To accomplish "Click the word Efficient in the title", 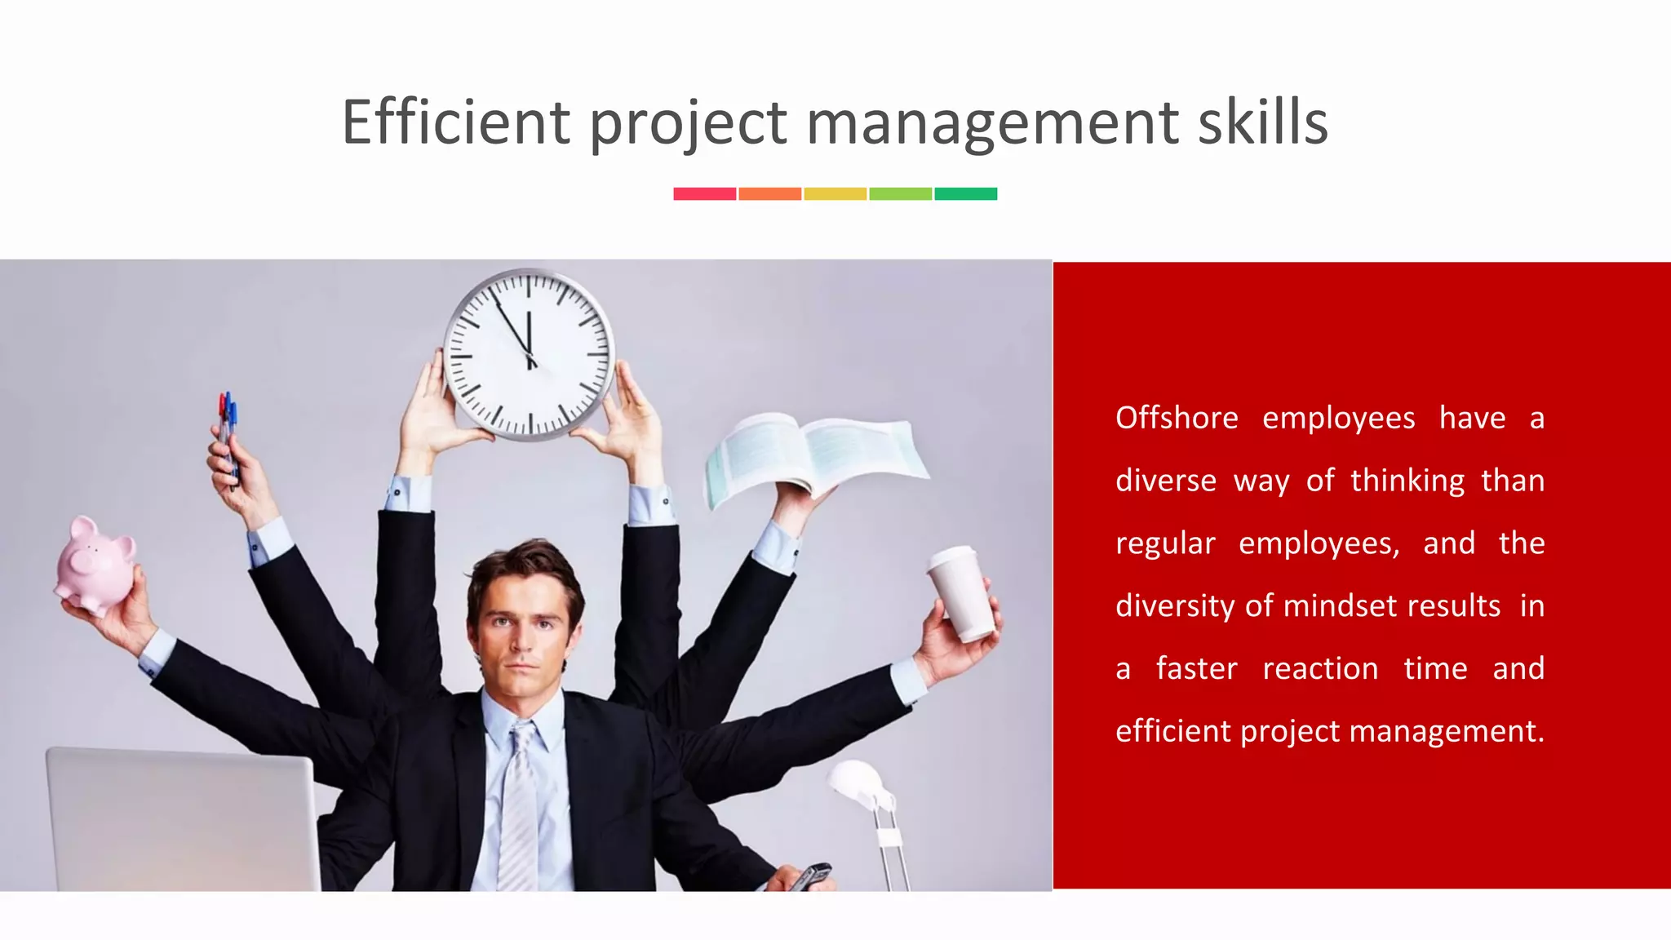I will pos(455,122).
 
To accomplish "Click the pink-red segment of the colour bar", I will pos(704,193).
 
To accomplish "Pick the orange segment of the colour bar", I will pos(769,193).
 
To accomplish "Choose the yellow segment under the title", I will pos(835,193).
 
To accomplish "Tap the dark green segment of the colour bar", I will pos(965,193).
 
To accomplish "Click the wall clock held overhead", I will pos(529,354).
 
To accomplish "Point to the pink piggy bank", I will pos(95,563).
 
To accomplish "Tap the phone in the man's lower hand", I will pos(811,876).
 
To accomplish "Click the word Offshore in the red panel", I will pos(1177,418).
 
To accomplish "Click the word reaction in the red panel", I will pos(1320,668).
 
